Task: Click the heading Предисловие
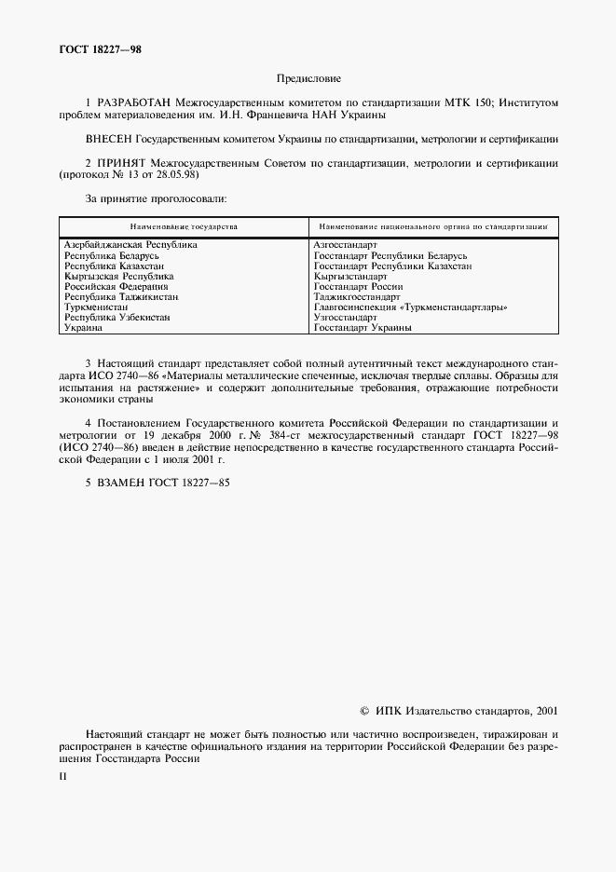click(308, 81)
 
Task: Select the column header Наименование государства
click(184, 226)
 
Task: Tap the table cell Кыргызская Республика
click(118, 277)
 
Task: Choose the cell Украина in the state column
click(83, 328)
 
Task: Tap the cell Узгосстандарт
click(346, 318)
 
